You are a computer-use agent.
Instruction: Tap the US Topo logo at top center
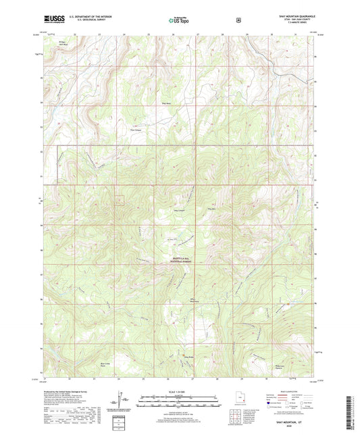coord(177,21)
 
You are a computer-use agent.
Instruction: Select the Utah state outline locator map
coord(236,402)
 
